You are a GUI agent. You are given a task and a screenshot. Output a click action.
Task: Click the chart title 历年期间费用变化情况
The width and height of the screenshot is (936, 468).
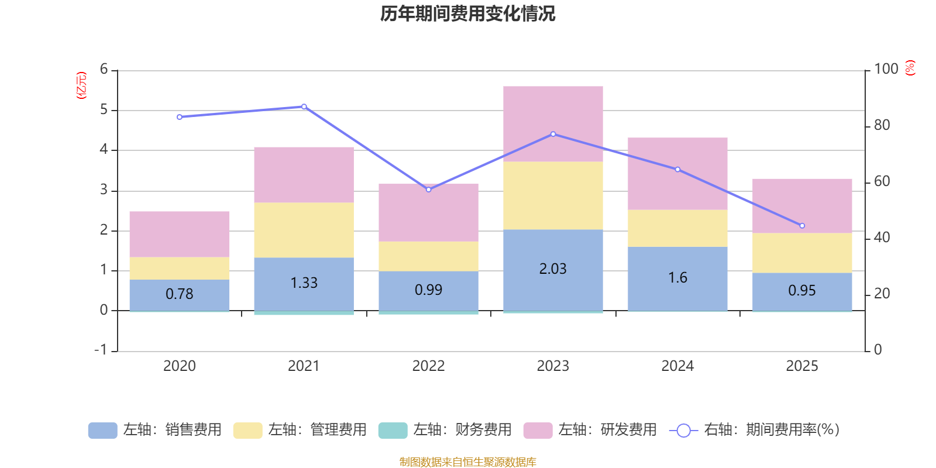[x=467, y=13]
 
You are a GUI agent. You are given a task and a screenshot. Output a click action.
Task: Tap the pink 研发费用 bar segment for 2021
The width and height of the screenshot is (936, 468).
[x=304, y=174]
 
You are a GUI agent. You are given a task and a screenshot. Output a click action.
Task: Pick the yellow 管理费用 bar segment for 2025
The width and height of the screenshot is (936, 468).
[x=802, y=253]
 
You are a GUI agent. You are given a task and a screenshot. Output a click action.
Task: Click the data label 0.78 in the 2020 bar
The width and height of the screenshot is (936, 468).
[x=179, y=294]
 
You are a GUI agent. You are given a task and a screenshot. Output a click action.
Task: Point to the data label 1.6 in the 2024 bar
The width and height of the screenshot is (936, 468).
[x=677, y=277]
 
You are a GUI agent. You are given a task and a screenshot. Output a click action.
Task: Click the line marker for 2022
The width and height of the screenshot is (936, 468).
[x=428, y=190]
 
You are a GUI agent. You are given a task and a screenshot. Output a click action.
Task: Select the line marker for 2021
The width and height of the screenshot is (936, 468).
[x=304, y=106]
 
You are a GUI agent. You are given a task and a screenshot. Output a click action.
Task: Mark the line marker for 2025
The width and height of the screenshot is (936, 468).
[x=802, y=226]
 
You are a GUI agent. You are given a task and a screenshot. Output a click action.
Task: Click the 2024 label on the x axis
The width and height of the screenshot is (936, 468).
[x=677, y=366]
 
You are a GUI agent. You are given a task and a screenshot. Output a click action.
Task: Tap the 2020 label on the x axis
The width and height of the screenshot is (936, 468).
[x=179, y=366]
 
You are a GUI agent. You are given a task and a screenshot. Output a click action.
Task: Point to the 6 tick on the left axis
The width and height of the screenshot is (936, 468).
[x=104, y=70]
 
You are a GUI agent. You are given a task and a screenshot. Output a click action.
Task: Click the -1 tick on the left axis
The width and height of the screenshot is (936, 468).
[x=101, y=350]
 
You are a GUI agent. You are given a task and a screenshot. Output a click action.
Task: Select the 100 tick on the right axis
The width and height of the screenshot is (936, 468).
[x=886, y=69]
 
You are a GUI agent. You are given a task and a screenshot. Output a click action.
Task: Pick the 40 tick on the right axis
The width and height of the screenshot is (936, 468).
[x=882, y=238]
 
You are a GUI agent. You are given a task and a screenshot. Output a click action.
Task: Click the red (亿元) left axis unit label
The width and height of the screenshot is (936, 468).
[x=81, y=85]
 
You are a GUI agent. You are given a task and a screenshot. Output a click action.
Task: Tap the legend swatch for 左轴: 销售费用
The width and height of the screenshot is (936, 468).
[x=102, y=431]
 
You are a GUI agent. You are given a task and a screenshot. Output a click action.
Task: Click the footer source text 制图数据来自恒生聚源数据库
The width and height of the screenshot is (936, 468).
[x=467, y=462]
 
